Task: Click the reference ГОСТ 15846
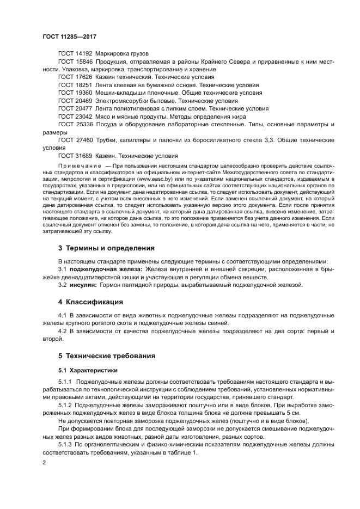(75, 62)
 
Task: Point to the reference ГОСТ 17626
(75, 78)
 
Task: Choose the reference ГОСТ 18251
(75, 85)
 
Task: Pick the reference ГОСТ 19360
(75, 93)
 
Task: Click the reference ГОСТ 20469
(75, 101)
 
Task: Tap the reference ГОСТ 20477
(75, 108)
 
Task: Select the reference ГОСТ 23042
(75, 116)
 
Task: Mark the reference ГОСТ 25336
(75, 124)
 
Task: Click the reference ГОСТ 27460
(75, 140)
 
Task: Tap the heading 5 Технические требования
(107, 356)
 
